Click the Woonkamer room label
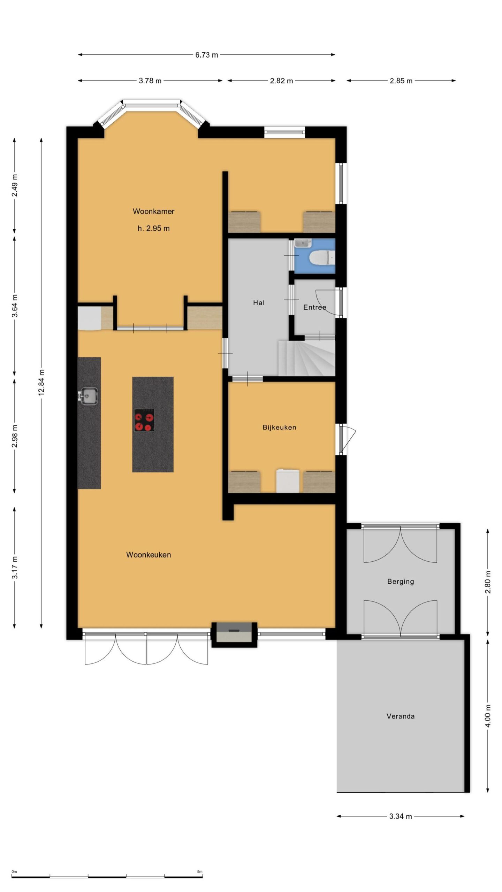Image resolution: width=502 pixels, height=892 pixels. (x=153, y=211)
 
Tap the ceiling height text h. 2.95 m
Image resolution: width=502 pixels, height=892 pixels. (x=153, y=229)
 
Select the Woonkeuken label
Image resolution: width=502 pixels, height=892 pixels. (x=149, y=555)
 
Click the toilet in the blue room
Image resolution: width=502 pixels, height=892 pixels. (x=322, y=258)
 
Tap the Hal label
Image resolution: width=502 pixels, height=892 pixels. (x=259, y=303)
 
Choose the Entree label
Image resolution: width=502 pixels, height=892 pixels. (x=314, y=307)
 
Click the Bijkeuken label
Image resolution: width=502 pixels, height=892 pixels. (x=279, y=427)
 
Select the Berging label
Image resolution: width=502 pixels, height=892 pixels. (x=401, y=581)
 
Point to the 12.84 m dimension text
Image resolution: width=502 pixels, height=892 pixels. (x=41, y=382)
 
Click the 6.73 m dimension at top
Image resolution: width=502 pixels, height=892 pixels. (x=206, y=55)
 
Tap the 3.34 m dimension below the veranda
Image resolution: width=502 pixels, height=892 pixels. (x=401, y=816)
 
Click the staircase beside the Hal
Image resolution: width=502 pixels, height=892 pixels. (x=306, y=358)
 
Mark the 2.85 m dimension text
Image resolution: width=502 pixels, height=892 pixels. (x=401, y=81)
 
